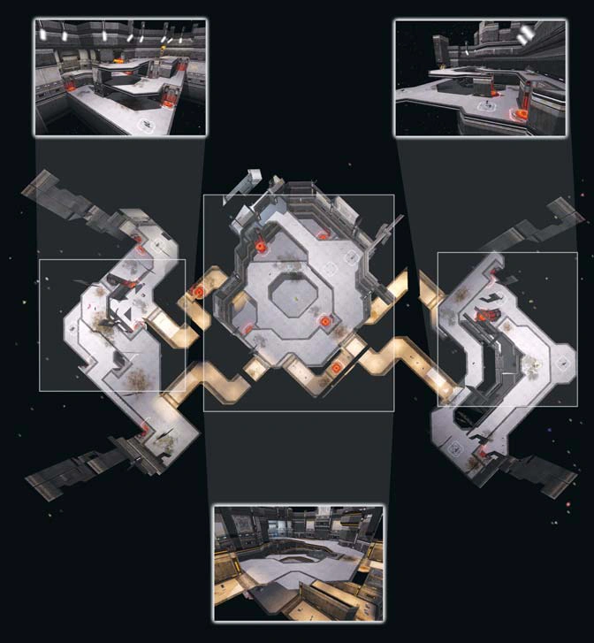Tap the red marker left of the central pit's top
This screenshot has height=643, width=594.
click(x=261, y=247)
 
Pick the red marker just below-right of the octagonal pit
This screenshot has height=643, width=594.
click(x=325, y=321)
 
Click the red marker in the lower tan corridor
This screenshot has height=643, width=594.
click(x=337, y=365)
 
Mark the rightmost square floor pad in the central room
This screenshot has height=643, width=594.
click(x=352, y=256)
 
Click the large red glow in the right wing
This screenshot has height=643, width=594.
click(x=484, y=314)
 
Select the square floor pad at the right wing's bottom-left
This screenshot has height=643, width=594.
click(x=456, y=448)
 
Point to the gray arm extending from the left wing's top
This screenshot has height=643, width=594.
click(x=62, y=199)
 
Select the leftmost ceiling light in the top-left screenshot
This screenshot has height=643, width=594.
click(x=63, y=33)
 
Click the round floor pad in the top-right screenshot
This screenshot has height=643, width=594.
click(x=485, y=105)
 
